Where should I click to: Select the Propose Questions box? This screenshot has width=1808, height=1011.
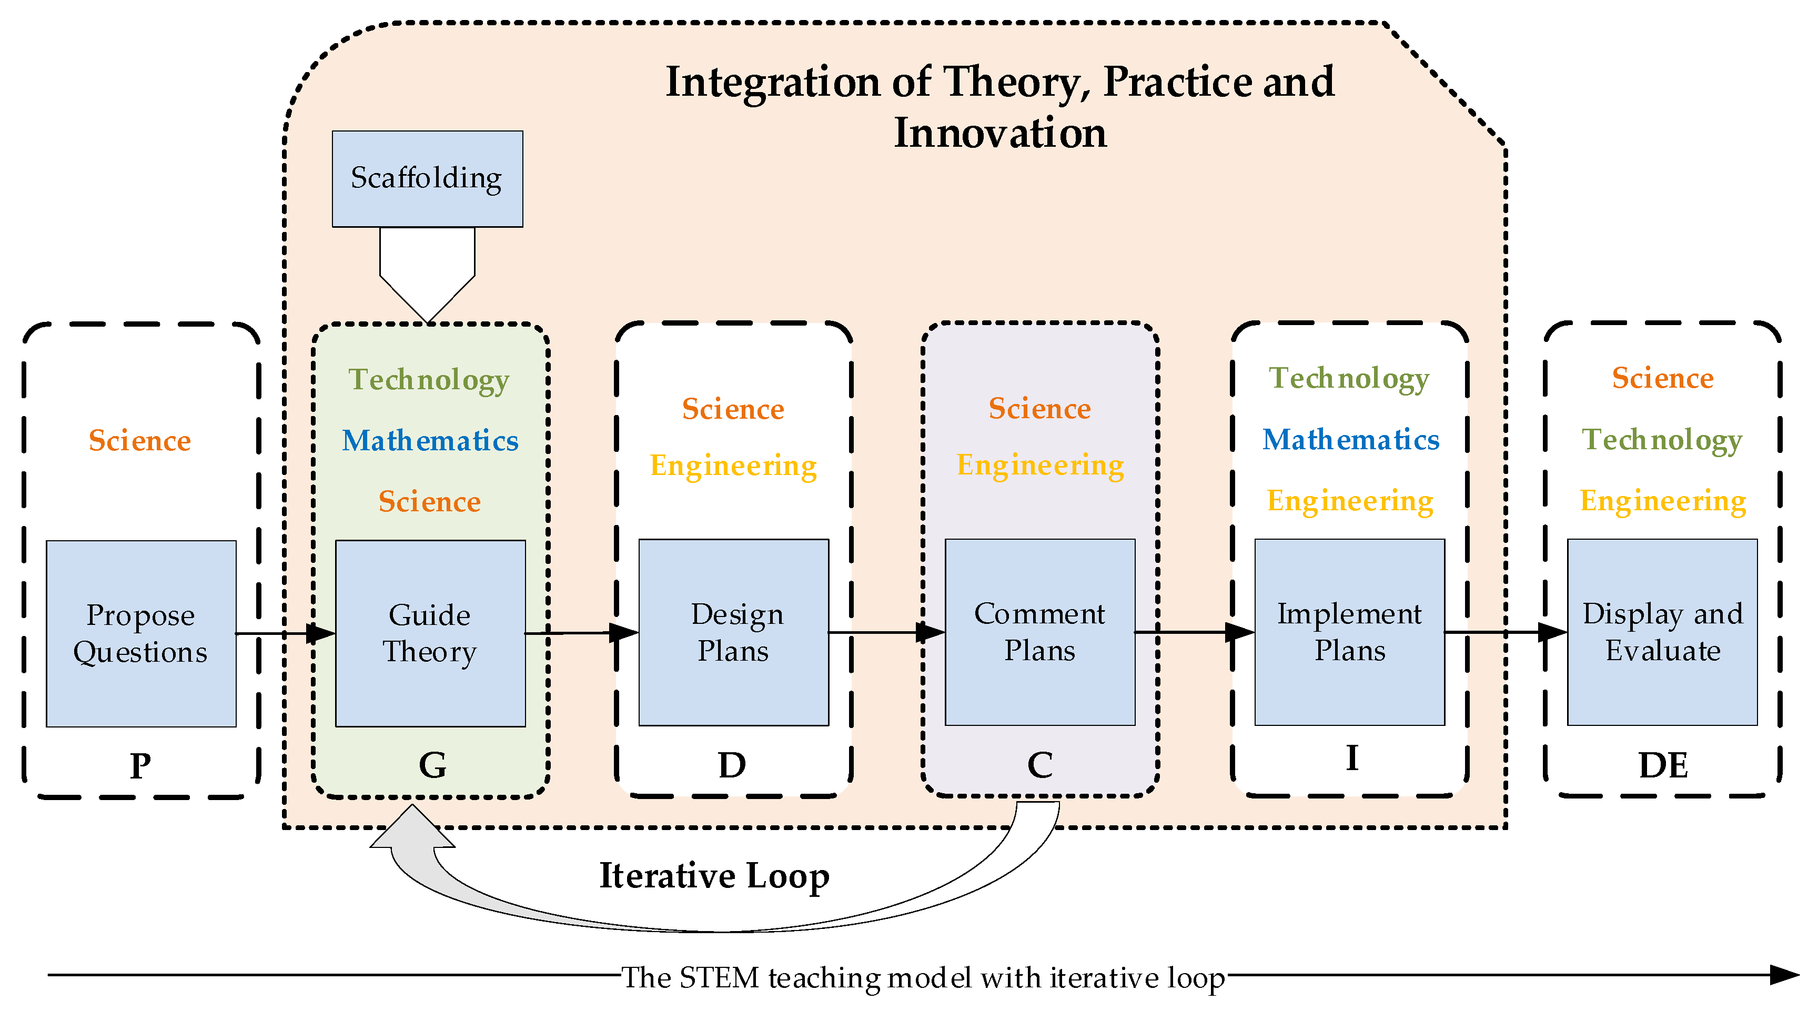click(141, 633)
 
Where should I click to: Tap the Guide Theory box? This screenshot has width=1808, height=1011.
click(430, 633)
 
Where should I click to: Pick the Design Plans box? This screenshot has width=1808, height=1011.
click(733, 632)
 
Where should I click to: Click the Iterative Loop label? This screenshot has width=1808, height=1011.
click(714, 876)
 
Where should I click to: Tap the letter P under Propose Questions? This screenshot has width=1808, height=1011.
click(140, 765)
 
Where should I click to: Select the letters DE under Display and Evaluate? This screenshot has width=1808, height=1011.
click(1663, 765)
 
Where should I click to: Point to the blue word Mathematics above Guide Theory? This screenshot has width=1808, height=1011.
click(430, 441)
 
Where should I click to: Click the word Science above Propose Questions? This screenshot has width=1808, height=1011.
click(140, 441)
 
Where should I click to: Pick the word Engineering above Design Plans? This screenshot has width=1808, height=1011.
click(733, 466)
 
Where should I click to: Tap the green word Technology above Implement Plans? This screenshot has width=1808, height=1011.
click(1349, 378)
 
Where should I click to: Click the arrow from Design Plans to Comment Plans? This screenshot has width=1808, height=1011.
click(886, 632)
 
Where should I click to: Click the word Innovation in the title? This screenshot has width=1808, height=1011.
click(1000, 133)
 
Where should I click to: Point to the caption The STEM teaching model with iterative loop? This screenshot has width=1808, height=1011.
click(923, 977)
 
